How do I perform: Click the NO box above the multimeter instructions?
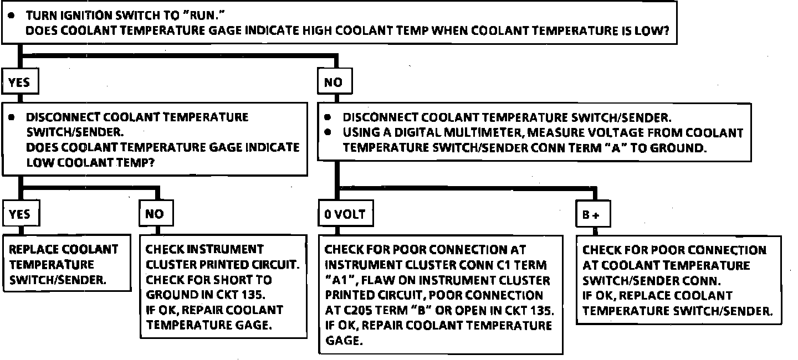334,83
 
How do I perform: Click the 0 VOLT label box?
345,214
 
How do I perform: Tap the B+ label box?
592,215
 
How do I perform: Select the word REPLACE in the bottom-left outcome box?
34,250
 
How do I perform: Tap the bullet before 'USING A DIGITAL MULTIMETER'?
328,133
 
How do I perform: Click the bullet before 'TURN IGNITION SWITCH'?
11,17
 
